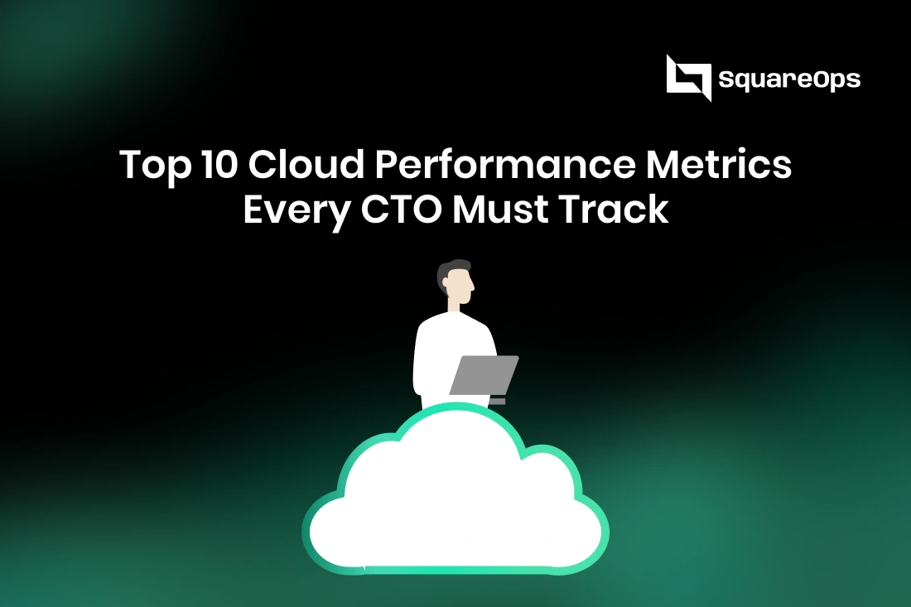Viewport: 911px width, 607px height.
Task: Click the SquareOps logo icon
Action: (x=688, y=78)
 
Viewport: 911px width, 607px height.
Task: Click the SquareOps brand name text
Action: (x=790, y=79)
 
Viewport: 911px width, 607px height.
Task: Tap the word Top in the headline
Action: (x=149, y=166)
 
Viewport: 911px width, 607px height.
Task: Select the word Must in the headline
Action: (x=504, y=209)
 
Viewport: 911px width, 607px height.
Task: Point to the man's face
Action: (x=461, y=287)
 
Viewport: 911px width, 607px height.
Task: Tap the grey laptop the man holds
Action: (x=484, y=375)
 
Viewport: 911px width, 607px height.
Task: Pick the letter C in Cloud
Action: (x=264, y=166)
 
